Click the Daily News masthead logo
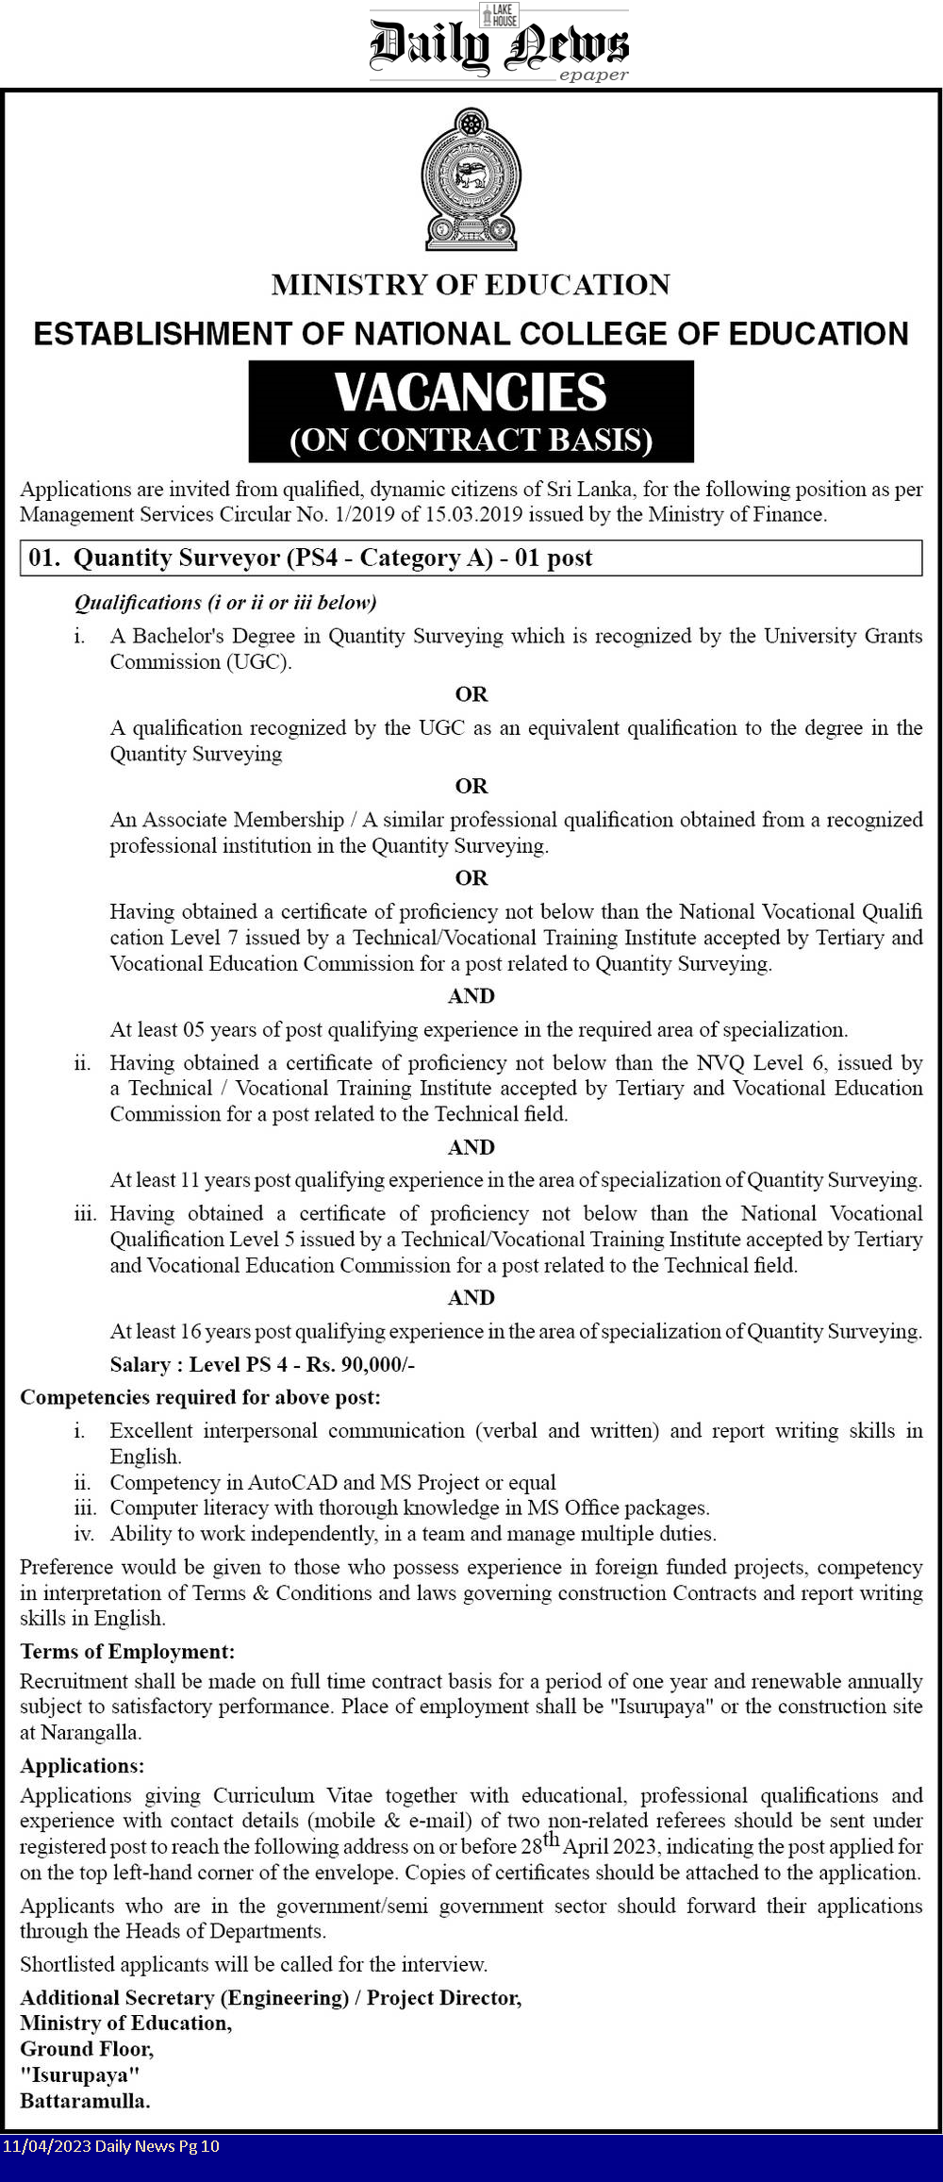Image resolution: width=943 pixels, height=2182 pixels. pyautogui.click(x=498, y=44)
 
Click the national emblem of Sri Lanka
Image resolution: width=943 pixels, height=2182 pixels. pyautogui.click(x=471, y=179)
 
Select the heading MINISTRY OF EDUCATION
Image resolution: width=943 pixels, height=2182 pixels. pyautogui.click(x=471, y=285)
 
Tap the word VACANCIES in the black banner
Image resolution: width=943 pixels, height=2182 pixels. pyautogui.click(x=471, y=392)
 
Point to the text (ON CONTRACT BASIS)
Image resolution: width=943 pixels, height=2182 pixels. pyautogui.click(x=471, y=440)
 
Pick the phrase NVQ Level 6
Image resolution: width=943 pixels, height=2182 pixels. pyautogui.click(x=761, y=1062)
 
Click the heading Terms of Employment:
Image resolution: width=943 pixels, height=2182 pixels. pyautogui.click(x=127, y=1651)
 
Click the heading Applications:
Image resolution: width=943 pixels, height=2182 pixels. pyautogui.click(x=82, y=1765)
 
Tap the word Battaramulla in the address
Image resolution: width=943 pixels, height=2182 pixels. pyautogui.click(x=85, y=2100)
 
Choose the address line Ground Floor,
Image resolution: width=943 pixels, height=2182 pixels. pyautogui.click(x=87, y=2048)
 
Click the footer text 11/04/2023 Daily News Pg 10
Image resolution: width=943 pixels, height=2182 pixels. pyautogui.click(x=110, y=2146)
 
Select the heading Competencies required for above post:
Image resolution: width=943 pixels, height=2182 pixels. pyautogui.click(x=200, y=1397)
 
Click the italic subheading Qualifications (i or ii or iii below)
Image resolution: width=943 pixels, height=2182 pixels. pyautogui.click(x=225, y=602)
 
